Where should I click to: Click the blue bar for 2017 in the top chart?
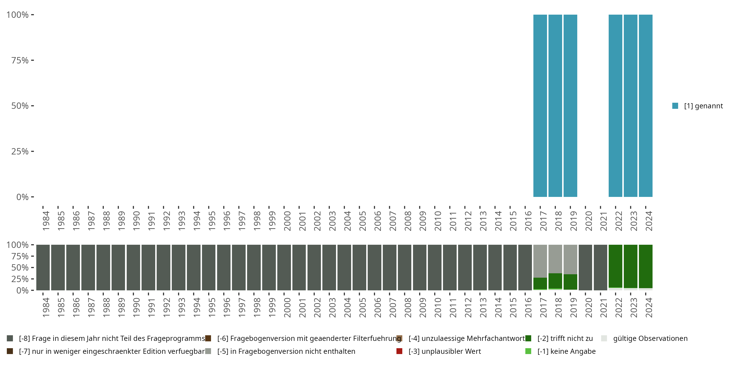click(x=540, y=106)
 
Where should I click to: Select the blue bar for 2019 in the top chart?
click(x=570, y=106)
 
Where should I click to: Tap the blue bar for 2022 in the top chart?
click(x=615, y=106)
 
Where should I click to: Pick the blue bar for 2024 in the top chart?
click(x=645, y=106)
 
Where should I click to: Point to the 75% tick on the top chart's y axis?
click(x=20, y=60)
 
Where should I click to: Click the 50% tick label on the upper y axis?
click(x=20, y=106)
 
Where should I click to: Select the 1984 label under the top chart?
click(x=46, y=221)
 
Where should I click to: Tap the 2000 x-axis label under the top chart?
click(x=287, y=221)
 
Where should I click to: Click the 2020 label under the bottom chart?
click(x=588, y=307)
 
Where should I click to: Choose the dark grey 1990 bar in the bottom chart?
click(x=133, y=267)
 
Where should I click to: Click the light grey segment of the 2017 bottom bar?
click(x=540, y=261)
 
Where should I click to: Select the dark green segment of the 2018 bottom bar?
click(x=555, y=281)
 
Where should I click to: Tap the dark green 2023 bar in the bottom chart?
click(x=631, y=266)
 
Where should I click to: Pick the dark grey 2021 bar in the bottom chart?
click(x=600, y=267)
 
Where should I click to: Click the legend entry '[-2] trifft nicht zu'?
click(x=565, y=338)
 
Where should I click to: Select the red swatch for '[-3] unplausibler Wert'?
click(x=399, y=351)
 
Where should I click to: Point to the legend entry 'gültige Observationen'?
click(x=650, y=338)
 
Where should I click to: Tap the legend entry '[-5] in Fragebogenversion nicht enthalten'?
click(x=286, y=351)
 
